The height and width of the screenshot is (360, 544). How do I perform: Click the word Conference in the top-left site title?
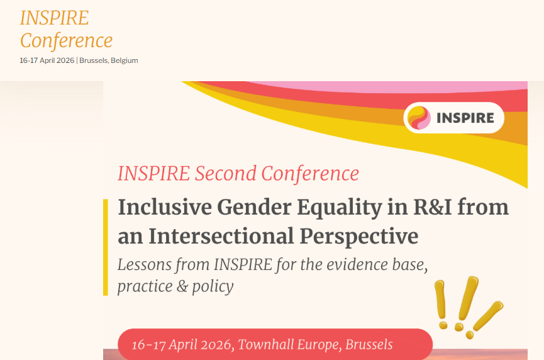point(66,41)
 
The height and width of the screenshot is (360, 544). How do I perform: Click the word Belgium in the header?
point(125,60)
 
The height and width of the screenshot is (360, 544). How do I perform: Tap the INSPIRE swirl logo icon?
point(419,118)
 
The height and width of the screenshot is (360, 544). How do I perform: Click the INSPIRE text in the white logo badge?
point(465,118)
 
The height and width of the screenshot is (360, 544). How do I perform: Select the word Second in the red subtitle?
point(227,174)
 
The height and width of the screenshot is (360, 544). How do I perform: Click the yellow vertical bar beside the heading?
point(106,247)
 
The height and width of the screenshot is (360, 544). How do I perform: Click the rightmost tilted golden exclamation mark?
point(489,315)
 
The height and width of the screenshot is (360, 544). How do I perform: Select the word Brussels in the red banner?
point(369,345)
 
